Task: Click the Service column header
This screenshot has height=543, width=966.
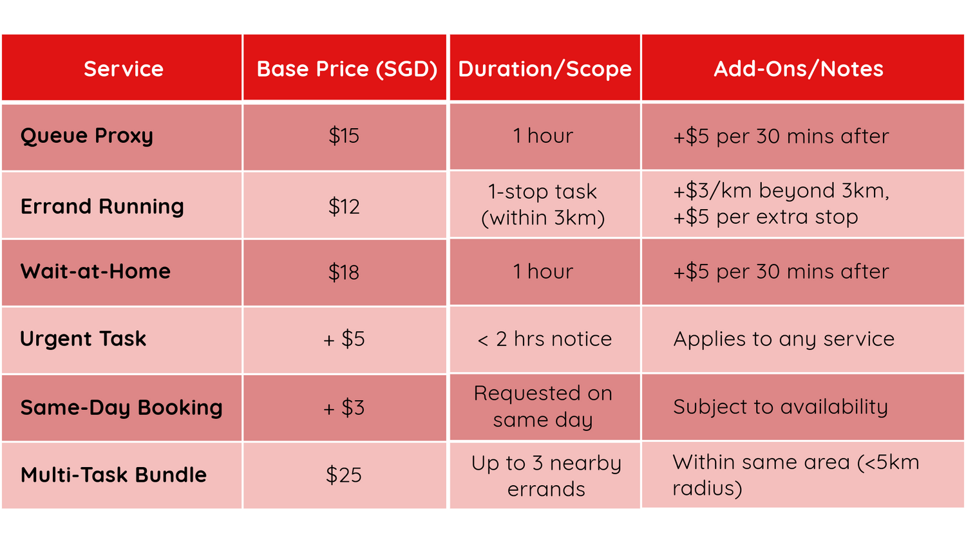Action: pyautogui.click(x=124, y=69)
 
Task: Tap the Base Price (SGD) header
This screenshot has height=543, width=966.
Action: pyautogui.click(x=347, y=69)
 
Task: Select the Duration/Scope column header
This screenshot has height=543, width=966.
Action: pyautogui.click(x=545, y=69)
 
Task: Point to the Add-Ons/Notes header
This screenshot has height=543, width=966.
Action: pyautogui.click(x=799, y=69)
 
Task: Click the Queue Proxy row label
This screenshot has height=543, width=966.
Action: pyautogui.click(x=87, y=136)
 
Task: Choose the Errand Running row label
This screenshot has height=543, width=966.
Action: pyautogui.click(x=102, y=207)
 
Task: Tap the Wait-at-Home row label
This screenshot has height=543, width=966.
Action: pyautogui.click(x=95, y=271)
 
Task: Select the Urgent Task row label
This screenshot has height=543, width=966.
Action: pyautogui.click(x=83, y=338)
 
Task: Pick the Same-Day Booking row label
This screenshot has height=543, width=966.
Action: pyautogui.click(x=122, y=408)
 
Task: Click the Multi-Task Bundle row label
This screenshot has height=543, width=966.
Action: pyautogui.click(x=114, y=475)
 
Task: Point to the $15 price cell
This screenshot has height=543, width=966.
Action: pyautogui.click(x=344, y=136)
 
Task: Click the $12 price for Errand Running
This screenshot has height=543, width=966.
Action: pyautogui.click(x=344, y=207)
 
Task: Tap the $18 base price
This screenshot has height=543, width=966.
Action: pyautogui.click(x=344, y=272)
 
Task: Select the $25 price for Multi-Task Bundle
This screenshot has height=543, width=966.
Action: pyautogui.click(x=344, y=475)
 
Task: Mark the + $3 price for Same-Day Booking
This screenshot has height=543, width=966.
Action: pyautogui.click(x=344, y=408)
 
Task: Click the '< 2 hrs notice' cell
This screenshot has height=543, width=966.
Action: pyautogui.click(x=545, y=339)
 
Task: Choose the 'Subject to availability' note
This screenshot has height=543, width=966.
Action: pyautogui.click(x=781, y=407)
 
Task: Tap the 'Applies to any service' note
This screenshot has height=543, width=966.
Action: pyautogui.click(x=784, y=339)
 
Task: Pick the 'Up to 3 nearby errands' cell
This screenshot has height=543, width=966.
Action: pyautogui.click(x=546, y=476)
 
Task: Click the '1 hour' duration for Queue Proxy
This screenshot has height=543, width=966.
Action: pyautogui.click(x=544, y=136)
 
